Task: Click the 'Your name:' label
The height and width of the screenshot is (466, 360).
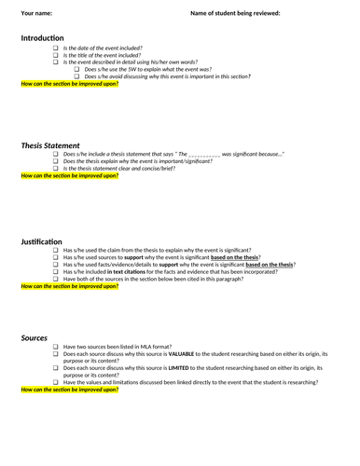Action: click(36, 13)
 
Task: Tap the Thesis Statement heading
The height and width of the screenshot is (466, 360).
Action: click(50, 145)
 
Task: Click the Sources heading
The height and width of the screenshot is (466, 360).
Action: click(35, 337)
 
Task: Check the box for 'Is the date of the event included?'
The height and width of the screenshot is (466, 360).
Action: click(55, 48)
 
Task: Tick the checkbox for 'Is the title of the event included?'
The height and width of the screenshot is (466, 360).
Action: click(55, 55)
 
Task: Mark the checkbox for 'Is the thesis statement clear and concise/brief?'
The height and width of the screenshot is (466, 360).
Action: click(55, 169)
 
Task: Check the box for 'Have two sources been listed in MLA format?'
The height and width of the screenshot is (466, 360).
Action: click(55, 348)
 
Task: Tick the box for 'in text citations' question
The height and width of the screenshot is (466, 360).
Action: click(55, 272)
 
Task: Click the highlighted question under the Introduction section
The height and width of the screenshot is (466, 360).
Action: click(69, 84)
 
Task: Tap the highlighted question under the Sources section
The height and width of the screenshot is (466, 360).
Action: click(69, 391)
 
